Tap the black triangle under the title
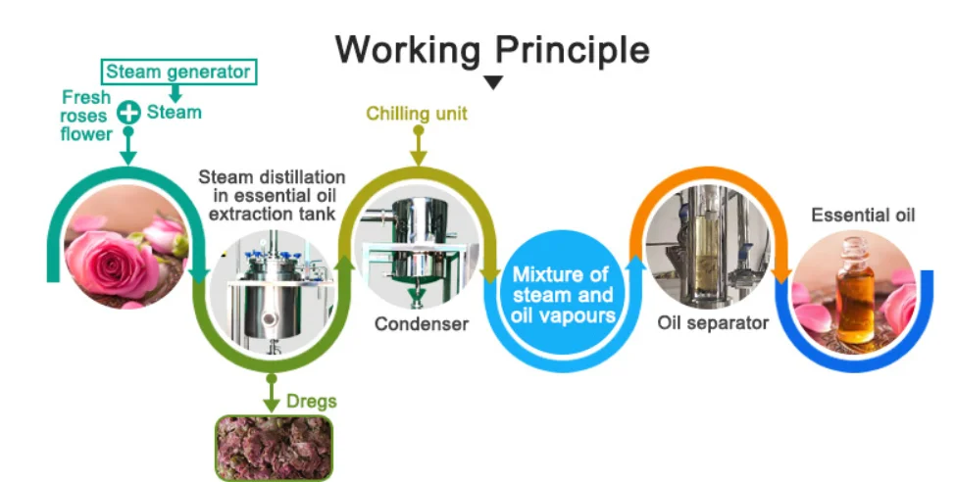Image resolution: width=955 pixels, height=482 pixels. (x=493, y=82)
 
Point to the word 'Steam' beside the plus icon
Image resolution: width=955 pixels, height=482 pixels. (x=175, y=113)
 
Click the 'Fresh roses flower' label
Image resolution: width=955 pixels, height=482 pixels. (x=86, y=116)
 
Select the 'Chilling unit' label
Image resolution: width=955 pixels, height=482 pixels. (x=417, y=114)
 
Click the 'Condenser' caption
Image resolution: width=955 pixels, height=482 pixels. (x=421, y=323)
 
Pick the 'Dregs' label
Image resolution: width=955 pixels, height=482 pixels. (x=312, y=402)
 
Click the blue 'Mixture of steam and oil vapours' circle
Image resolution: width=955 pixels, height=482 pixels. (x=562, y=293)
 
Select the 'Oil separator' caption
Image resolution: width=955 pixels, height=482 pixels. (x=713, y=322)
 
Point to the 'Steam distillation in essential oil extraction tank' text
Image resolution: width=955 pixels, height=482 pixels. (x=272, y=193)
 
